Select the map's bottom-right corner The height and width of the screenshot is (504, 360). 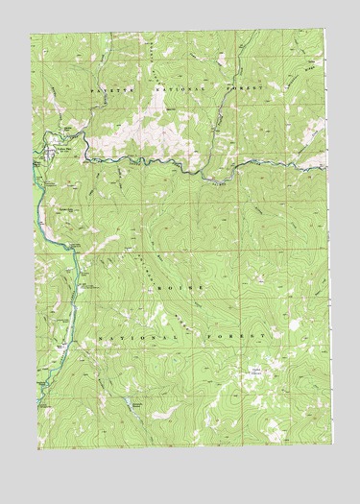click(x=332, y=444)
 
